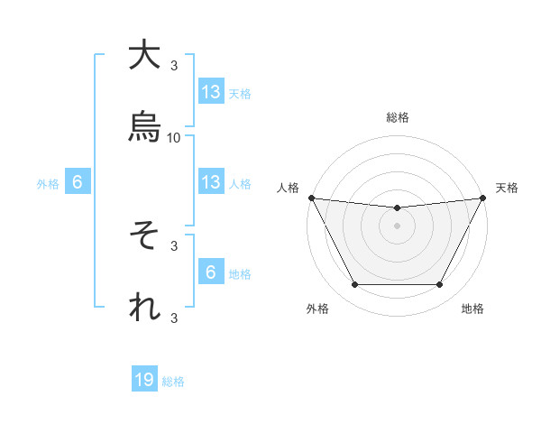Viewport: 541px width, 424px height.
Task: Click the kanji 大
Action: pos(144,56)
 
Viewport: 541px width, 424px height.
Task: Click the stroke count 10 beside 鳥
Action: pos(174,137)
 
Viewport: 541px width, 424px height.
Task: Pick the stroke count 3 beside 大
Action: pos(174,65)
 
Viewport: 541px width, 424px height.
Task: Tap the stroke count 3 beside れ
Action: pos(174,317)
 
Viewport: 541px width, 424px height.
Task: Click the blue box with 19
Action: pos(144,381)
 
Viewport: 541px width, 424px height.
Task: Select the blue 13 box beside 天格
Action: pos(211,92)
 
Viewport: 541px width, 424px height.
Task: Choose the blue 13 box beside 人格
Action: pos(211,182)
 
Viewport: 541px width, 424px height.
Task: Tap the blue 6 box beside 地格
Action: pos(211,272)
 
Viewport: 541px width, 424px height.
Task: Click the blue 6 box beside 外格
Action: pos(78,182)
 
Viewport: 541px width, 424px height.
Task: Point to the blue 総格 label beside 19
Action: pos(173,382)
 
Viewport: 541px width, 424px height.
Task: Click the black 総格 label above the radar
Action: pos(398,117)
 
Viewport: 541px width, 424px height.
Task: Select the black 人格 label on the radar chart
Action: pos(288,188)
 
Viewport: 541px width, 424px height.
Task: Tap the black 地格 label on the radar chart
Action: pos(472,309)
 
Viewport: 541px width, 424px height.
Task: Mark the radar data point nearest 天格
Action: pos(483,198)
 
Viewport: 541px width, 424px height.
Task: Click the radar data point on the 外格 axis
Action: pos(354,285)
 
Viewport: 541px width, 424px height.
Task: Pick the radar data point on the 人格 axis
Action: pos(311,198)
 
